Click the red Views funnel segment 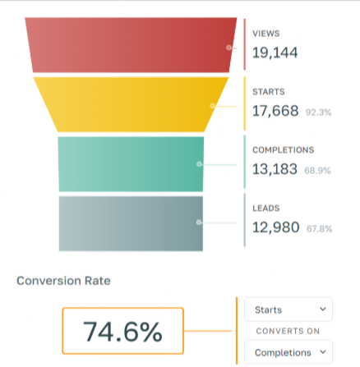pyautogui.click(x=131, y=45)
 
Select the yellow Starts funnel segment pyautogui.click(x=131, y=104)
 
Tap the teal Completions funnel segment pyautogui.click(x=131, y=164)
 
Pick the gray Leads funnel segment pyautogui.click(x=131, y=223)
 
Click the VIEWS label pyautogui.click(x=266, y=34)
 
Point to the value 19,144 pyautogui.click(x=275, y=53)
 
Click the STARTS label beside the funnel pyautogui.click(x=269, y=92)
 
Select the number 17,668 pyautogui.click(x=275, y=111)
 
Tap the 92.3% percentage pyautogui.click(x=318, y=112)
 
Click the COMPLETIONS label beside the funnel pyautogui.click(x=284, y=150)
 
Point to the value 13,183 pyautogui.click(x=275, y=169)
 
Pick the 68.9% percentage pyautogui.click(x=317, y=171)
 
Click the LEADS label pyautogui.click(x=266, y=209)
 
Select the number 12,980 pyautogui.click(x=275, y=227)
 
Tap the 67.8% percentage pyautogui.click(x=319, y=229)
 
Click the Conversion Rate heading pyautogui.click(x=63, y=281)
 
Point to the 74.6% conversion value pyautogui.click(x=122, y=332)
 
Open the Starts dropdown pyautogui.click(x=288, y=310)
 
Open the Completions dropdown pyautogui.click(x=288, y=352)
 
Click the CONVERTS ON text pyautogui.click(x=288, y=331)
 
